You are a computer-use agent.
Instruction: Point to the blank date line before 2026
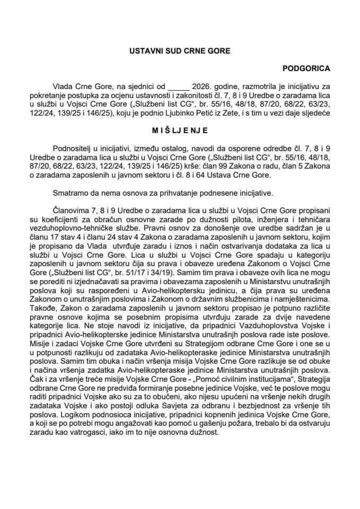[178, 85]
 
